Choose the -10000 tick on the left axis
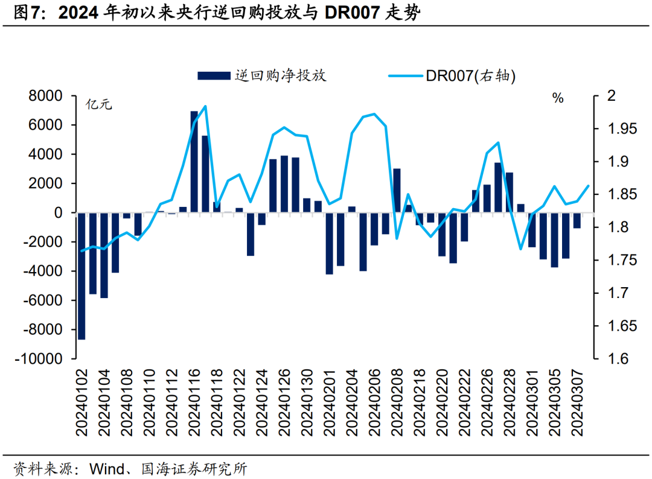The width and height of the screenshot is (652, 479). click(x=42, y=359)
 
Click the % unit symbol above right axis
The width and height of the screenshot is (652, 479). click(x=558, y=98)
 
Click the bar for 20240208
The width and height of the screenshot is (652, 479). click(x=397, y=191)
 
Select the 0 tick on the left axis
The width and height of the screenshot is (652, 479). click(x=59, y=213)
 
